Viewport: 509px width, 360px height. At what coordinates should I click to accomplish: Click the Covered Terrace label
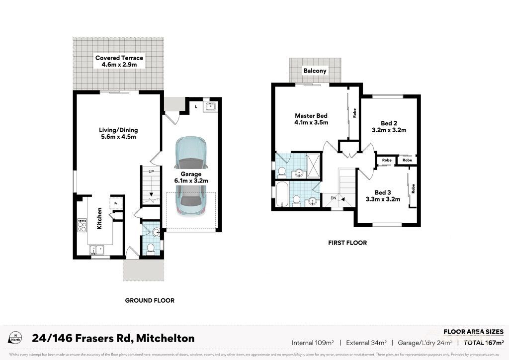tap(119, 58)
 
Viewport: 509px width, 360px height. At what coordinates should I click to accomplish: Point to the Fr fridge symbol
tap(116, 203)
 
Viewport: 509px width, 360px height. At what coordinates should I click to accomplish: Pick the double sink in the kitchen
tap(96, 250)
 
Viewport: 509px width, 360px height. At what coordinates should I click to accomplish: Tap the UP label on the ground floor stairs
tap(152, 172)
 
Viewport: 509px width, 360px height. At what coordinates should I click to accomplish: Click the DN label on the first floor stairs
tap(333, 198)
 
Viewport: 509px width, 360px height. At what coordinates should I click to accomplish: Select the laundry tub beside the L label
tap(211, 106)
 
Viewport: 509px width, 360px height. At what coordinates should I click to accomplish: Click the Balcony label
tap(315, 71)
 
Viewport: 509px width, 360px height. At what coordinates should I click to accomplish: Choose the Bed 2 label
tap(389, 123)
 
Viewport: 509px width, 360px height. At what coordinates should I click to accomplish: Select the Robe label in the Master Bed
tap(354, 113)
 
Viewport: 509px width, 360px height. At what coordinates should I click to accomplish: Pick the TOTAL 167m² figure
tap(484, 343)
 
